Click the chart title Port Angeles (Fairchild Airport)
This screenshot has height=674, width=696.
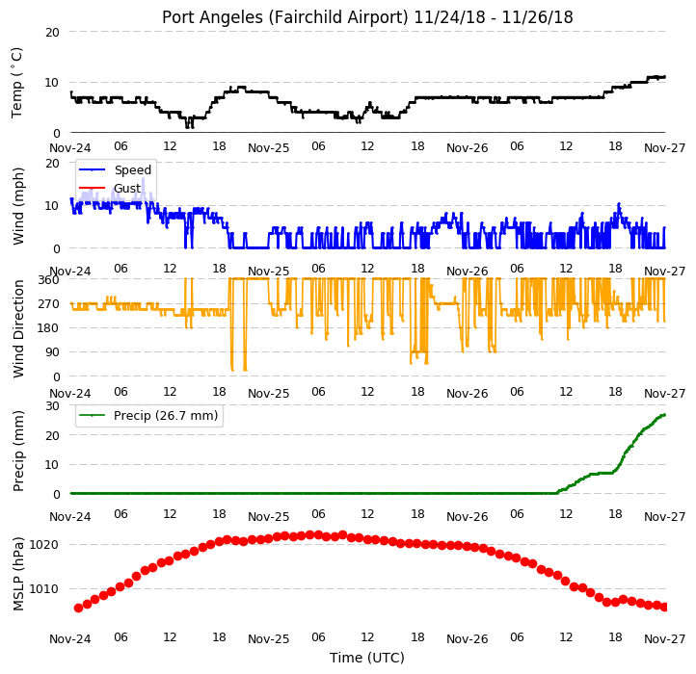(284, 17)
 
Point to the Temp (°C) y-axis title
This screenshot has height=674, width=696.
(16, 83)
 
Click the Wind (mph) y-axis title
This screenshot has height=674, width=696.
(18, 206)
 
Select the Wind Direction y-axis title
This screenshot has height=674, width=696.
(18, 328)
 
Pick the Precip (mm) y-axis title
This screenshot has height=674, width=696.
(18, 451)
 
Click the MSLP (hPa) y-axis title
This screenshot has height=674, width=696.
(18, 574)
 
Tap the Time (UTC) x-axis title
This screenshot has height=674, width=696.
(367, 658)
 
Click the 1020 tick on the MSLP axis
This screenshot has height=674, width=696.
(44, 545)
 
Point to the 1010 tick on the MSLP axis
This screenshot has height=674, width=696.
(44, 589)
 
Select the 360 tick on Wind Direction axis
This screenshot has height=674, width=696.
(48, 280)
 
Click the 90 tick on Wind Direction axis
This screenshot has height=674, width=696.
(52, 352)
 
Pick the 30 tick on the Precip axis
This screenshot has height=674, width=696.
(52, 405)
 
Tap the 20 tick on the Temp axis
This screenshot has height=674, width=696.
(52, 33)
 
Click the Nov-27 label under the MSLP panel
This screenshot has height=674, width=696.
(664, 639)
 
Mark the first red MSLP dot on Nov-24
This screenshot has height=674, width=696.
(79, 608)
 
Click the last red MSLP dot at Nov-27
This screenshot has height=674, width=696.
(664, 607)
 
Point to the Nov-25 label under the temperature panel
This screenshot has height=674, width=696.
(269, 148)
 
